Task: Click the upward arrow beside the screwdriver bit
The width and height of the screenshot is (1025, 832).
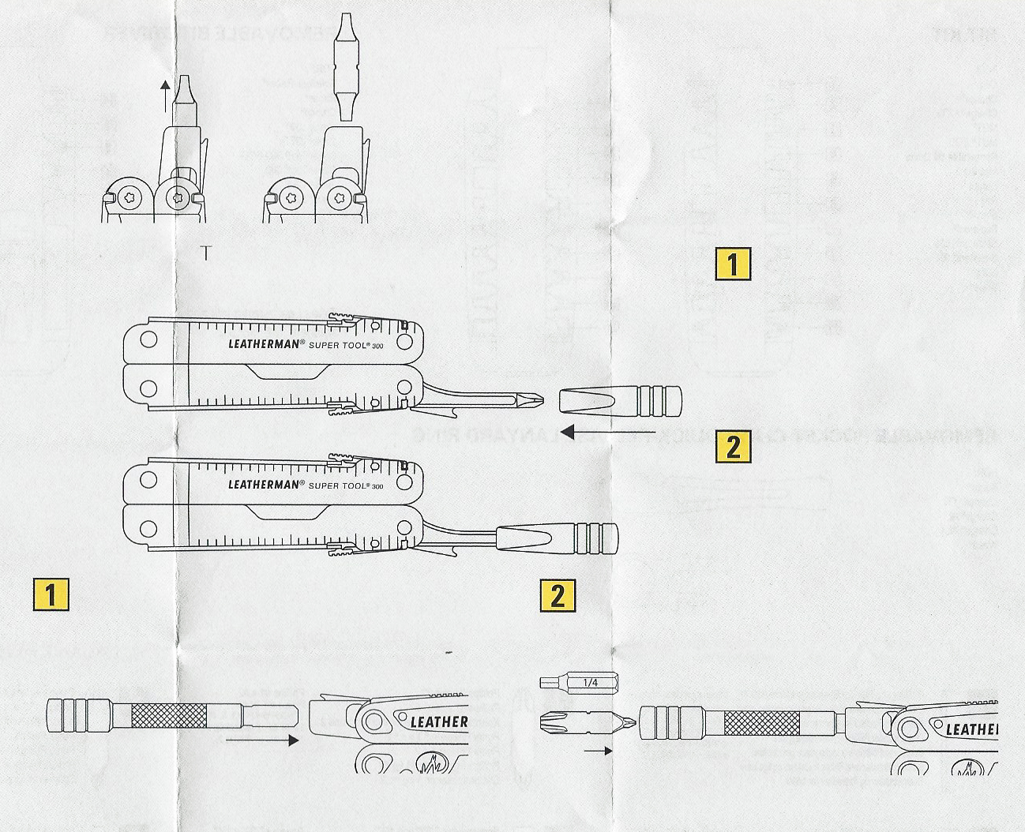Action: click(x=164, y=95)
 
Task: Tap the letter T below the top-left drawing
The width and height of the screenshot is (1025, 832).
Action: click(x=206, y=253)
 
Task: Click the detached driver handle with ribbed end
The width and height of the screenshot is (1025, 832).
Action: click(x=619, y=399)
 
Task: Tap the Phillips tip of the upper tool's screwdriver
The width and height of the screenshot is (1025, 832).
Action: click(x=535, y=398)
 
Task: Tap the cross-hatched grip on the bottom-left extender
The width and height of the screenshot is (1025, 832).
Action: click(x=168, y=715)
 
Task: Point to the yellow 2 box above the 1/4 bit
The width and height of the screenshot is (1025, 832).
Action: click(x=558, y=595)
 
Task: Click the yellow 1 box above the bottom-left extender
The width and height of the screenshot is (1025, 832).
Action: click(x=51, y=594)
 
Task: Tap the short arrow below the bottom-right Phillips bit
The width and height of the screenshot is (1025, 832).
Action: click(x=599, y=751)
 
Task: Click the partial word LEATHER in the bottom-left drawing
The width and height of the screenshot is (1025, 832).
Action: click(x=439, y=721)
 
